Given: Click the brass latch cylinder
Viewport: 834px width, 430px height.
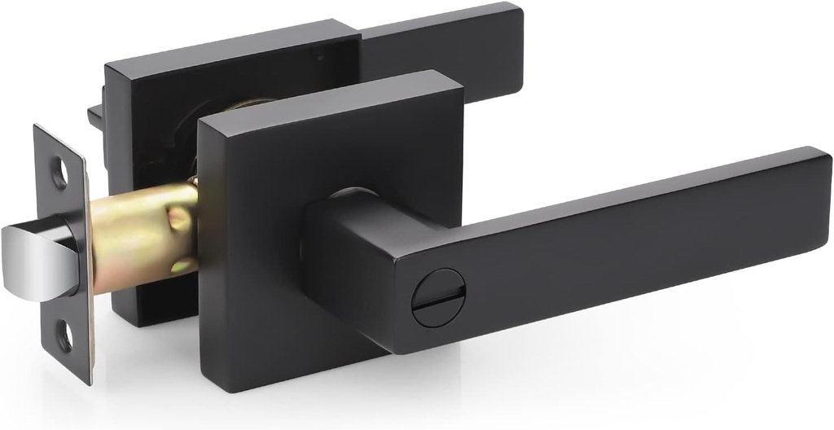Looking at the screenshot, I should coord(143,236).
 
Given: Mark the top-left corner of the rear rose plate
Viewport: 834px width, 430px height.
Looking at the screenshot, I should coord(111,65).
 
